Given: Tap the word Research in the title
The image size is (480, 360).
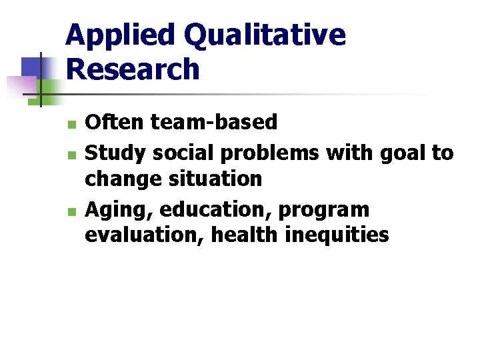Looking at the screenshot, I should click(x=133, y=69).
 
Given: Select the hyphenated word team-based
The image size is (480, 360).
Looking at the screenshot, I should click(x=215, y=122).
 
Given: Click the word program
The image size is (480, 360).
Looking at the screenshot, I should click(x=323, y=211).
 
